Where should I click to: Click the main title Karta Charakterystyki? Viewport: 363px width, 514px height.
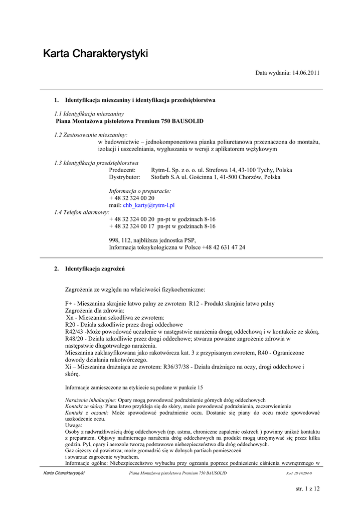tap(95, 53)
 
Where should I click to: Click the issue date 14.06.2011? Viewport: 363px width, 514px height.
tap(302, 73)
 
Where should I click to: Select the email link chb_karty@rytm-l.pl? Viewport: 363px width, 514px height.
tap(148, 205)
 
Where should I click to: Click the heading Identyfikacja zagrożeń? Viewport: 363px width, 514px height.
tap(95, 269)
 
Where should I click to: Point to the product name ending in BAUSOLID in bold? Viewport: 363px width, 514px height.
tap(129, 121)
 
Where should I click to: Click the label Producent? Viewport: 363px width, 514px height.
tap(122, 170)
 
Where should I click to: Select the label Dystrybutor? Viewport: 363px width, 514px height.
tap(125, 177)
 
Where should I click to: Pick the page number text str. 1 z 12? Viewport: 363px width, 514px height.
tap(308, 489)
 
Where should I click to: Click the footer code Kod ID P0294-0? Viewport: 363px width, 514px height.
tap(299, 473)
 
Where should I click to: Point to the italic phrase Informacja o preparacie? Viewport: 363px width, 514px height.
tap(140, 191)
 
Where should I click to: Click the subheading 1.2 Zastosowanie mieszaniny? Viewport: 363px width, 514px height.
tap(91, 135)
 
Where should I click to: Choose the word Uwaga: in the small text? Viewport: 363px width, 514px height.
tap(74, 425)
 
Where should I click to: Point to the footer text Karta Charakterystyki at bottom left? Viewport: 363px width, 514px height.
tap(64, 473)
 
